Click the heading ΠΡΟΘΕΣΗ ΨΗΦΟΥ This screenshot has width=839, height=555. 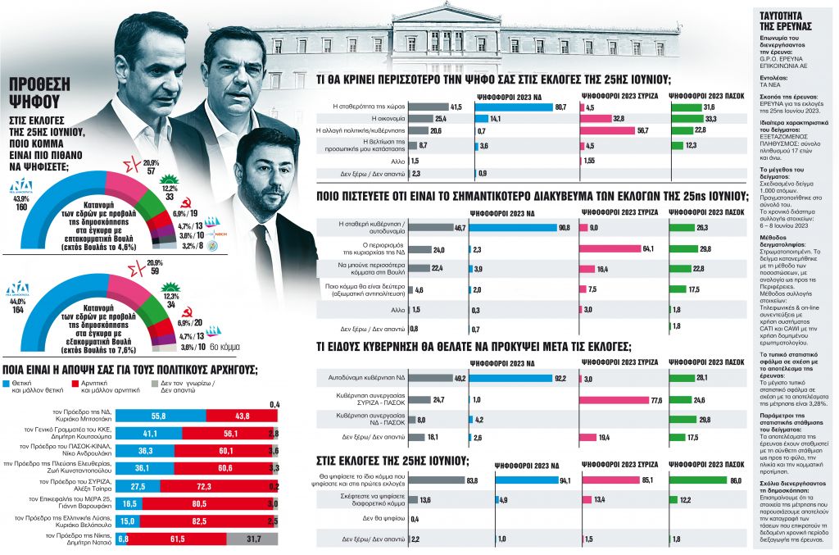coord(39,93)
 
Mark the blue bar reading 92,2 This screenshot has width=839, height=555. coord(515,379)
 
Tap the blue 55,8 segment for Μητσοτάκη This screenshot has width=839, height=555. coord(160,416)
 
